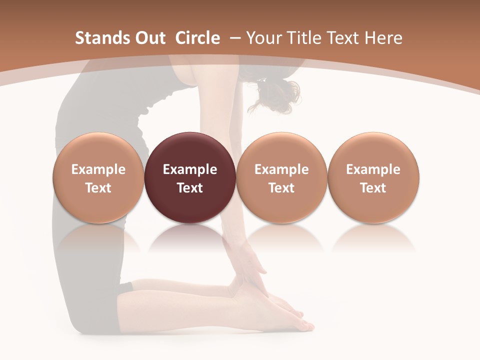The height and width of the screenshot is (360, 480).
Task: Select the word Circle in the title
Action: pos(197,38)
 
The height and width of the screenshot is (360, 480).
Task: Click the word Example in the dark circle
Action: pos(190,169)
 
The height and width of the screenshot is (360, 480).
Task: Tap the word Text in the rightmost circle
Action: pos(373,188)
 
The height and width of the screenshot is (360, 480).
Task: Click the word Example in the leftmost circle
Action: pos(98,169)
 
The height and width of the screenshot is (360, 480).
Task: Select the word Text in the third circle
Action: pos(281,188)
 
